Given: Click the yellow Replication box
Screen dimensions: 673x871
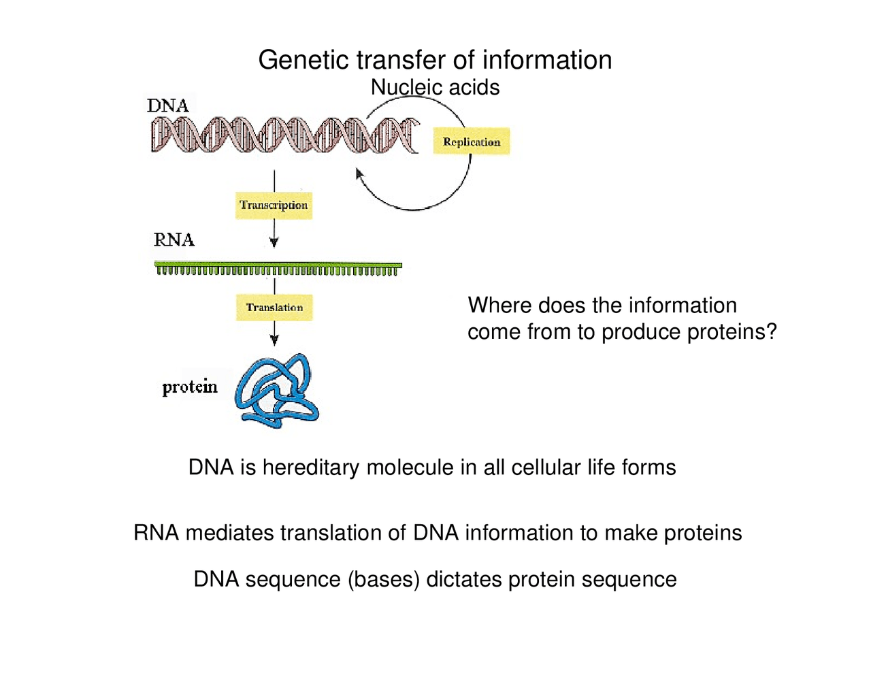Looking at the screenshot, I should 471,142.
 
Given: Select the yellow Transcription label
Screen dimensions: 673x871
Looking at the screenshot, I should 274,205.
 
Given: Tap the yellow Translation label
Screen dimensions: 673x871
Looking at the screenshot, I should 274,308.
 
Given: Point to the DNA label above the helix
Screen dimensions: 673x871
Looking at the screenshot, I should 167,105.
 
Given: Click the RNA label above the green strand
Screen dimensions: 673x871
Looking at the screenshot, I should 174,240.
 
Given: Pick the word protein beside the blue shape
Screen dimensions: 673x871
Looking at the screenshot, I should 190,387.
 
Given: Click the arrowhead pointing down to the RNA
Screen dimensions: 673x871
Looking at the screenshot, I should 274,242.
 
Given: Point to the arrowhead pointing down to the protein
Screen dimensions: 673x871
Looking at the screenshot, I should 274,340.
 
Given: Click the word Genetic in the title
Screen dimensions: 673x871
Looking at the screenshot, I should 303,61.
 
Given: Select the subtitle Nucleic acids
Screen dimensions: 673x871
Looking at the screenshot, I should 435,88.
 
